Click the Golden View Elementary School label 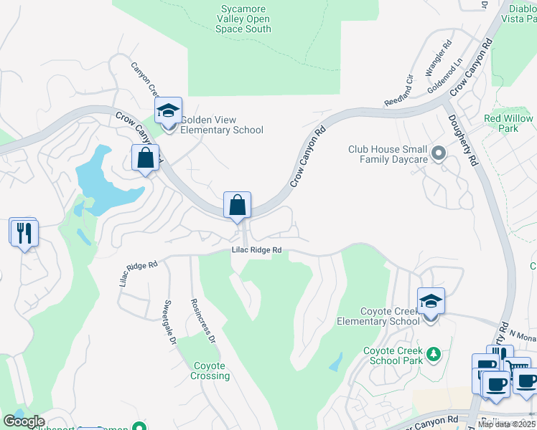222,125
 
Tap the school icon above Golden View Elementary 169,112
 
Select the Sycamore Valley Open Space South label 243,19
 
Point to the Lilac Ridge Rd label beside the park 256,250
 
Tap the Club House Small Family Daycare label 388,154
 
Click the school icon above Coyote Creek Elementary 431,302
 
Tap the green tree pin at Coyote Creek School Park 433,354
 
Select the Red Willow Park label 508,123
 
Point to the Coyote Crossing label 211,371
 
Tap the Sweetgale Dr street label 170,322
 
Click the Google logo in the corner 24,421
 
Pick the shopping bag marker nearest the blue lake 145,159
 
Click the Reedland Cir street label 400,89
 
